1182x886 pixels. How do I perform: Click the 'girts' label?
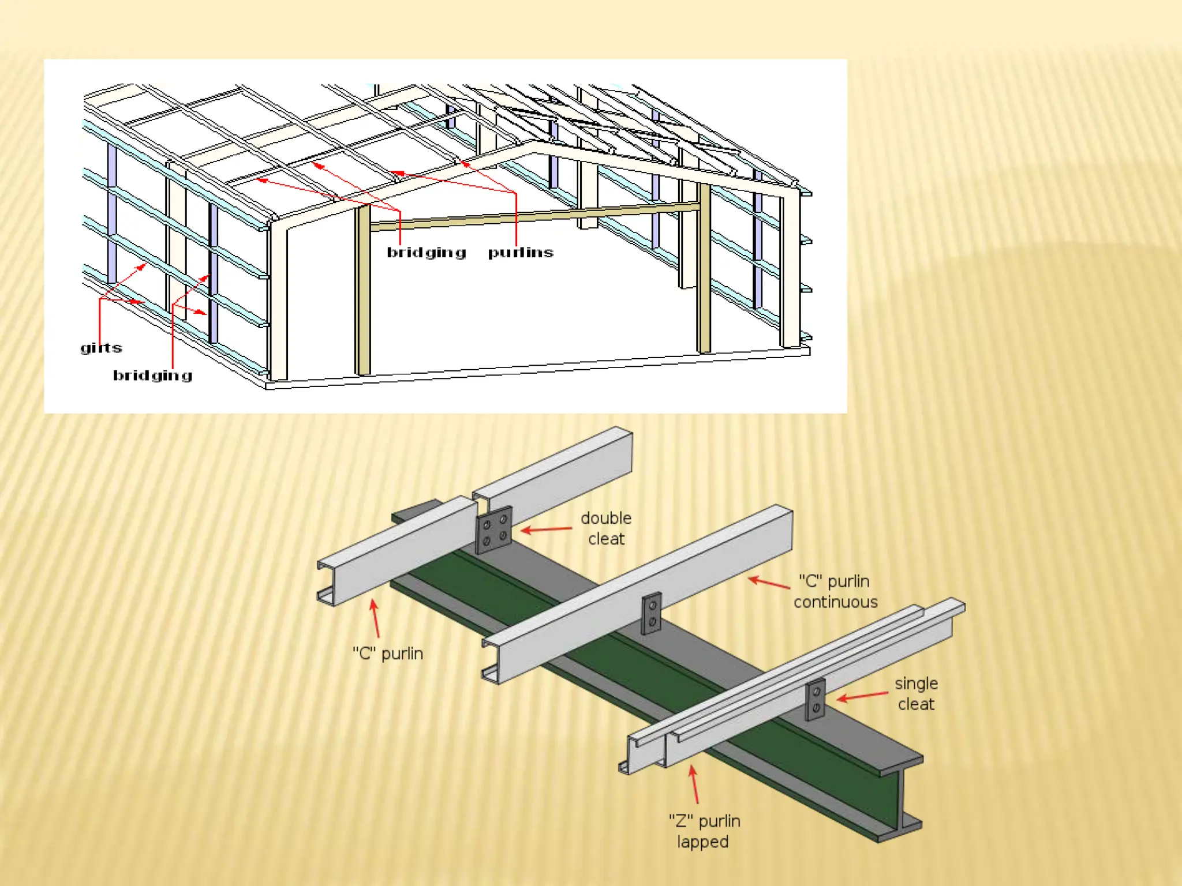101,348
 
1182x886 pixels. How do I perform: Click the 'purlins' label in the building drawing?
520,253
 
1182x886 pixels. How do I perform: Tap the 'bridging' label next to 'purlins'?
426,253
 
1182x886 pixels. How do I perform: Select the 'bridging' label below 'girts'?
152,376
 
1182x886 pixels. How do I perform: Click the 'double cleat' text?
605,528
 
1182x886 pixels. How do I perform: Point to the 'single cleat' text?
916,693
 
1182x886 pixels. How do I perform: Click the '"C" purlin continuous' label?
835,591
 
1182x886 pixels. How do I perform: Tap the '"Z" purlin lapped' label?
704,831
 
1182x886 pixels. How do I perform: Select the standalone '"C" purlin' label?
388,654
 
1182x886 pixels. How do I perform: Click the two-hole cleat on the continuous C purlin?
652,613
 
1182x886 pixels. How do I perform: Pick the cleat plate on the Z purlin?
816,699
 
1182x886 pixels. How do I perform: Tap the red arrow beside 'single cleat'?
862,696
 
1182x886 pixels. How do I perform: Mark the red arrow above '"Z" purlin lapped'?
694,784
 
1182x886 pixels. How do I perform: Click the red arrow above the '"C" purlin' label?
376,618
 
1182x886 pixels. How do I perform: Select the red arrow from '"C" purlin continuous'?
769,583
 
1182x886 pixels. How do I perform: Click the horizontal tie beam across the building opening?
534,216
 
